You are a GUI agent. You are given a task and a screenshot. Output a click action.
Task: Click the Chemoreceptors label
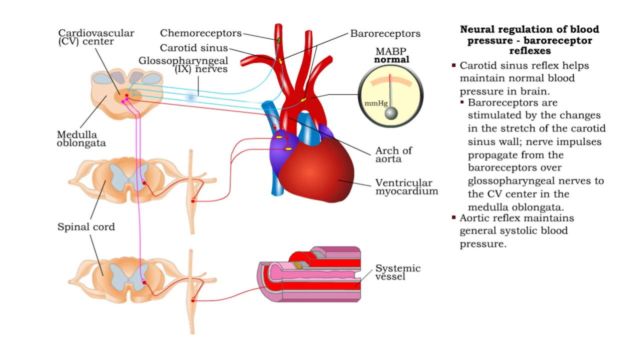pyautogui.click(x=200, y=33)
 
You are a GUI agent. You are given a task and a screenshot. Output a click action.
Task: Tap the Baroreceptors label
pyautogui.click(x=385, y=34)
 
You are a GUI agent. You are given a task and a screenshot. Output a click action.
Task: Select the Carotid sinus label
pyautogui.click(x=193, y=48)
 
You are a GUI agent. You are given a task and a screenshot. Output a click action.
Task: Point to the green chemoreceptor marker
pyautogui.click(x=278, y=38)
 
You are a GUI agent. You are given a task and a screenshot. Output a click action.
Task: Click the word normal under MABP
pyautogui.click(x=391, y=59)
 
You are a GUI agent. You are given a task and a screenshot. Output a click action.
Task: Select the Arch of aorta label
pyautogui.click(x=393, y=154)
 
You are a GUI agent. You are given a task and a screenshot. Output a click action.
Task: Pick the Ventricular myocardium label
pyautogui.click(x=406, y=187)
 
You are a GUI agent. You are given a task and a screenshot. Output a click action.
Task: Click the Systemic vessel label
pyautogui.click(x=397, y=272)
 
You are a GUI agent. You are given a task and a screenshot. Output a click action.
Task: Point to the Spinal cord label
pyautogui.click(x=86, y=227)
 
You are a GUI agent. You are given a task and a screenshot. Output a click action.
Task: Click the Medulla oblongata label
pyautogui.click(x=81, y=138)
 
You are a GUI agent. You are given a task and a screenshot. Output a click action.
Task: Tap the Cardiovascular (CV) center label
pyautogui.click(x=96, y=37)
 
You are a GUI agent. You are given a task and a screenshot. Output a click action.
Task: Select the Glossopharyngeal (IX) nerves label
pyautogui.click(x=183, y=64)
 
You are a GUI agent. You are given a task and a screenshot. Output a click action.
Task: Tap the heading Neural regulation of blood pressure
pyautogui.click(x=529, y=40)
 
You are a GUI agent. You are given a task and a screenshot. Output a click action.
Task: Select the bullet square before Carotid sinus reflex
pyautogui.click(x=453, y=65)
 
